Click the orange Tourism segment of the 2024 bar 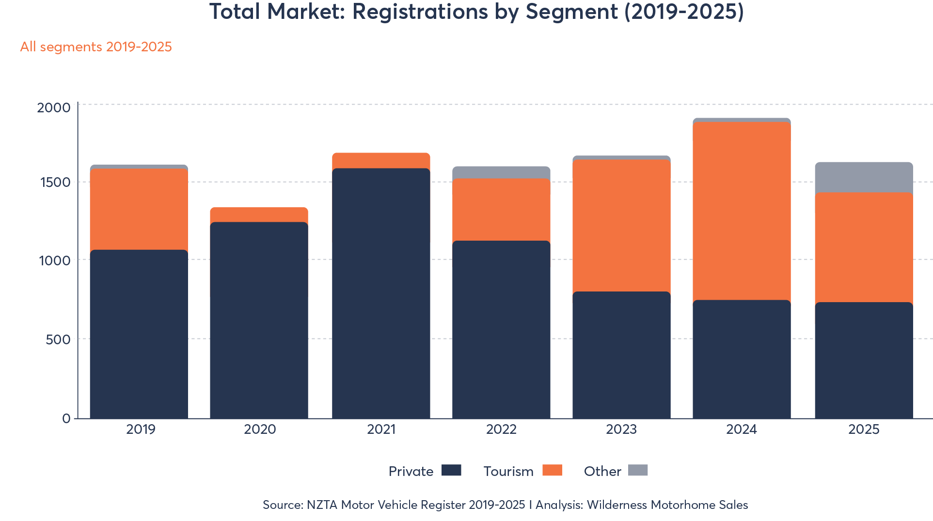tap(742, 211)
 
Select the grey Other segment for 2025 tap(864, 177)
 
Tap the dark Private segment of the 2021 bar tap(381, 293)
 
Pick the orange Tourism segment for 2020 tap(259, 215)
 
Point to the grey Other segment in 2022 tap(501, 172)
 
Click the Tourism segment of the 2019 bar tap(139, 209)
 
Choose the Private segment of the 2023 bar tap(621, 354)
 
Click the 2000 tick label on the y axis tap(54, 107)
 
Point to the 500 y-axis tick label tap(58, 339)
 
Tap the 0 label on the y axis tap(66, 419)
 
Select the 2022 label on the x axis tap(501, 429)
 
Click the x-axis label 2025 tap(864, 429)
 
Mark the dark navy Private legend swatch tap(451, 470)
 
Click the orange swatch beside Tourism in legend tap(552, 470)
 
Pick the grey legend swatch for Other tap(638, 470)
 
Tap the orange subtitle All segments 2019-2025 tap(96, 47)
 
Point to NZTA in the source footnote tap(322, 505)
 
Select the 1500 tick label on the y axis tap(55, 183)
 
